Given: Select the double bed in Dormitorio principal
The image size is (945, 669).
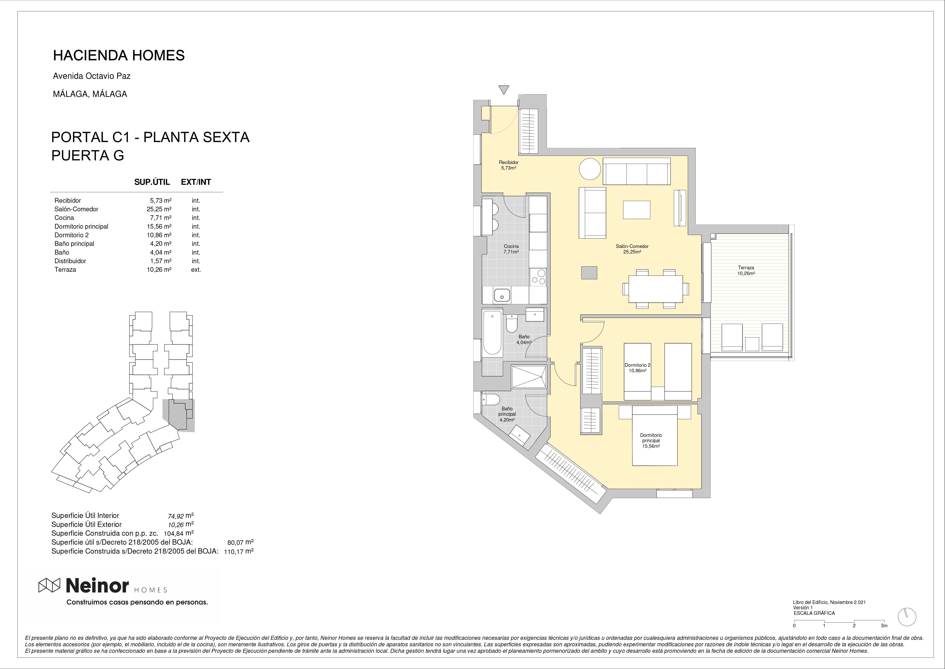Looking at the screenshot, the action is click(654, 435).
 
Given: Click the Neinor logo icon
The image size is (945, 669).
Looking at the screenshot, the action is click(49, 585).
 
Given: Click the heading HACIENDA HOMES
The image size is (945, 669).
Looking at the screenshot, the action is click(119, 55).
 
